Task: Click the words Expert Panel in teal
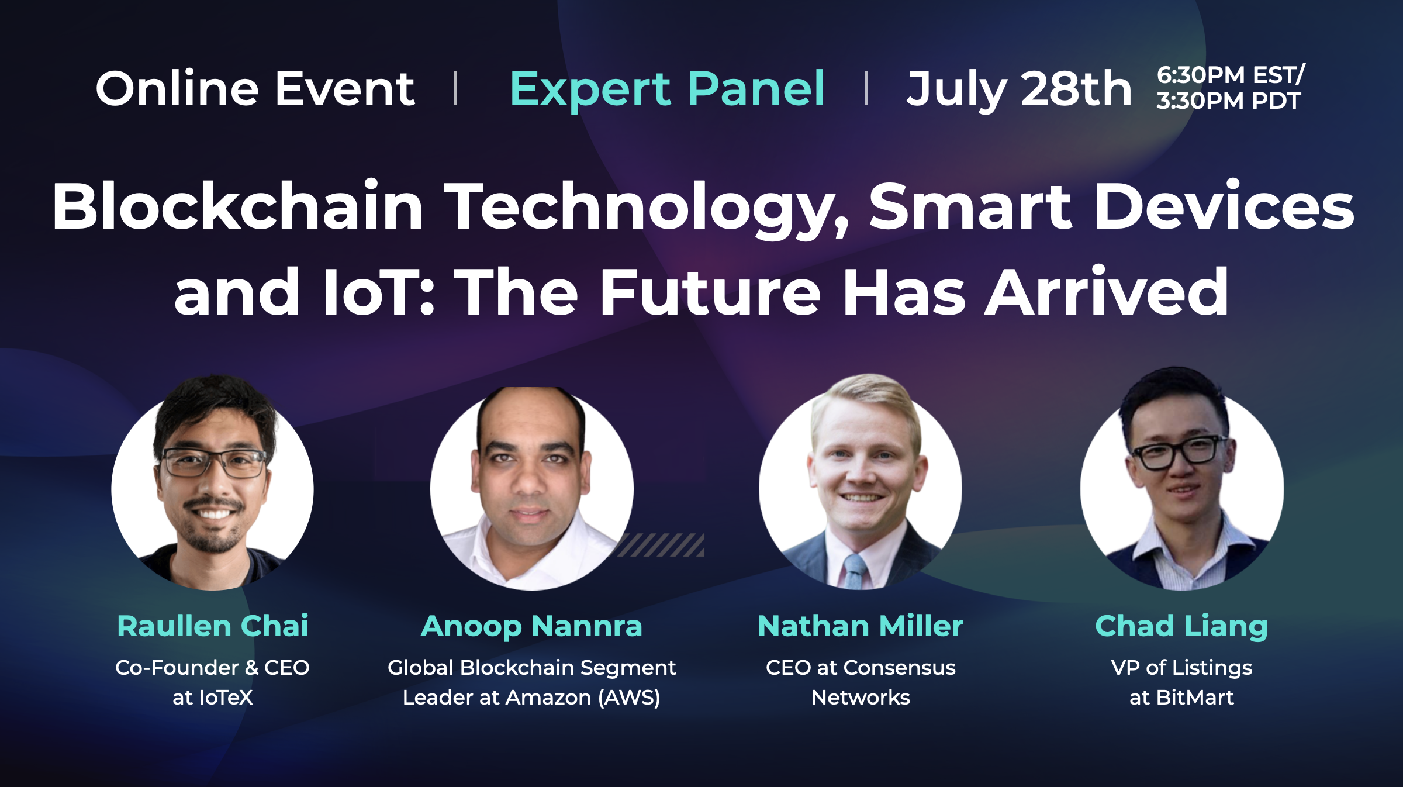[666, 89]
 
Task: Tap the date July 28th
[1018, 89]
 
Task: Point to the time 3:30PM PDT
[1228, 101]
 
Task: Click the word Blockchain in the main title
[237, 207]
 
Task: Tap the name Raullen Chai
[213, 626]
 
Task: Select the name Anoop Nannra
[531, 627]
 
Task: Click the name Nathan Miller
[861, 626]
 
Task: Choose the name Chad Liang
[1181, 627]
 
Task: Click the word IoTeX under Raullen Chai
[226, 698]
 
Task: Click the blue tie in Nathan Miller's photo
[855, 571]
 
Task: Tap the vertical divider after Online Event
[455, 88]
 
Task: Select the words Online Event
[255, 89]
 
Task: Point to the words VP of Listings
[1181, 667]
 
